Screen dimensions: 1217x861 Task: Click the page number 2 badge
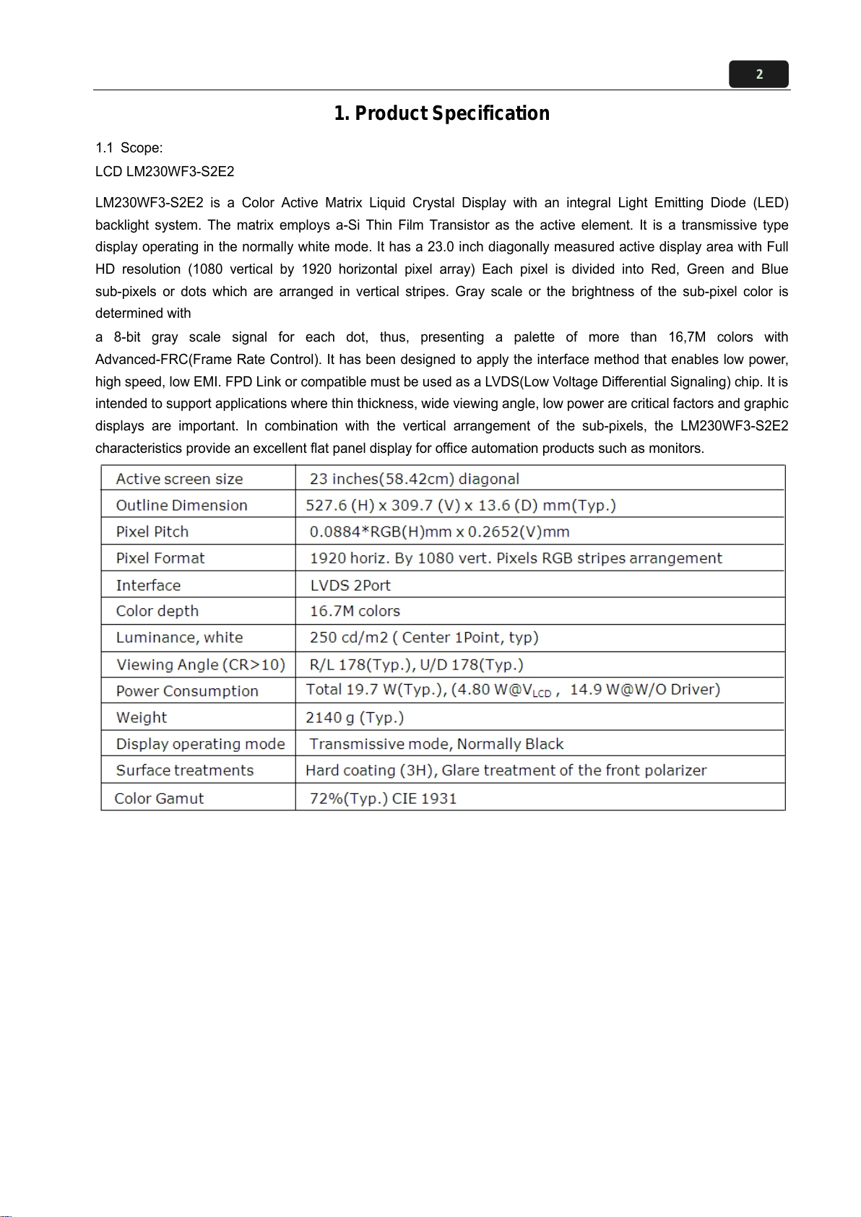coord(758,74)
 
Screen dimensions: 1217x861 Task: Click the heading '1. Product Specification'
coord(441,113)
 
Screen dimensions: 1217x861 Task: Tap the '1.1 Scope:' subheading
coord(129,148)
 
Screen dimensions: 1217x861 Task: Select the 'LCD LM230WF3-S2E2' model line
coord(165,172)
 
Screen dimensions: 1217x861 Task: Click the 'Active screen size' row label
coord(179,479)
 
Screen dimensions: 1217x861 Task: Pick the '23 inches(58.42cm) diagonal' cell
coord(414,479)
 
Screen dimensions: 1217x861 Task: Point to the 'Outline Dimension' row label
coord(181,506)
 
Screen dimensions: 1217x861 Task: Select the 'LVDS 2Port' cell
coord(350,585)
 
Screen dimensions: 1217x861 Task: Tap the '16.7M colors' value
coord(355,611)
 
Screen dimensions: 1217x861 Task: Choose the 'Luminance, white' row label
coord(179,638)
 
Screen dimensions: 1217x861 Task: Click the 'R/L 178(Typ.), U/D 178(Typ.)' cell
coord(416,664)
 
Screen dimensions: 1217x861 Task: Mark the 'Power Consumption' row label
coord(187,691)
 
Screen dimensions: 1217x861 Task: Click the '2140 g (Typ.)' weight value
coord(354,718)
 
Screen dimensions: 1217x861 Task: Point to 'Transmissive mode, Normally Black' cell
coord(436,744)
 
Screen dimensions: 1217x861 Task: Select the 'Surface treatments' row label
coord(185,771)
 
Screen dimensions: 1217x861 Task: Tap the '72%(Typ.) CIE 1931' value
coord(383,799)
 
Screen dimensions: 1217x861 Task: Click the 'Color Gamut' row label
coord(159,799)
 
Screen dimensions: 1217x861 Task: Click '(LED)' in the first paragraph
coord(771,203)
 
